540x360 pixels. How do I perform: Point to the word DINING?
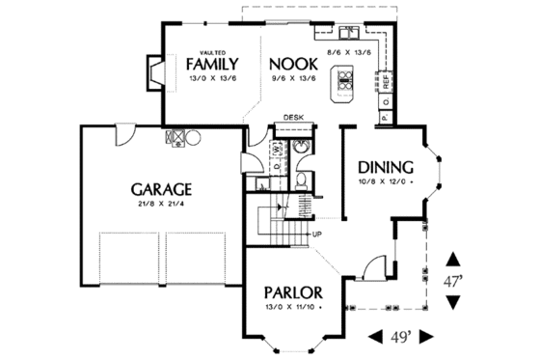pyautogui.click(x=385, y=165)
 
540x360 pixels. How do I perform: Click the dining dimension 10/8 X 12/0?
pyautogui.click(x=385, y=180)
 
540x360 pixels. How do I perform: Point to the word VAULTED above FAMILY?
pyautogui.click(x=212, y=49)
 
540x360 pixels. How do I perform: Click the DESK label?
pyautogui.click(x=294, y=118)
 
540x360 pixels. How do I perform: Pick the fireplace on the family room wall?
pyautogui.click(x=153, y=69)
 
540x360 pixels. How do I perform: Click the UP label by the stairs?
pyautogui.click(x=316, y=234)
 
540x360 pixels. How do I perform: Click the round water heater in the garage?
pyautogui.click(x=193, y=137)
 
